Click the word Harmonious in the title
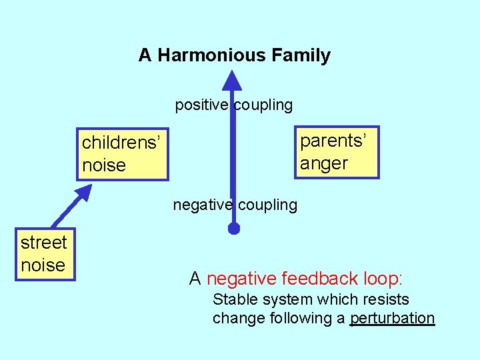[212, 55]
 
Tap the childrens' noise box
[121, 154]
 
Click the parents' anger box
[337, 152]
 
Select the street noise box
[44, 254]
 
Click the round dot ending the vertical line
[233, 229]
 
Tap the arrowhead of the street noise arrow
[83, 193]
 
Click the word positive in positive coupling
[202, 105]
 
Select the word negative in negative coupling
[202, 205]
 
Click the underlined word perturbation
[392, 319]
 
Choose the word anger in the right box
[324, 163]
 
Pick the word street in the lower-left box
[44, 243]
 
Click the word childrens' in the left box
[121, 143]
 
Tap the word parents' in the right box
[333, 141]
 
